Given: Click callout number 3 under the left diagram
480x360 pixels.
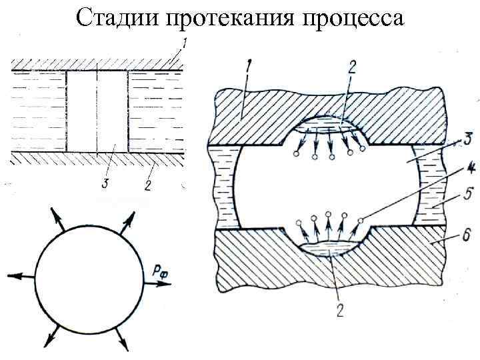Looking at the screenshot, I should (103, 183).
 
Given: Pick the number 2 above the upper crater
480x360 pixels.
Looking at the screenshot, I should (352, 66).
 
